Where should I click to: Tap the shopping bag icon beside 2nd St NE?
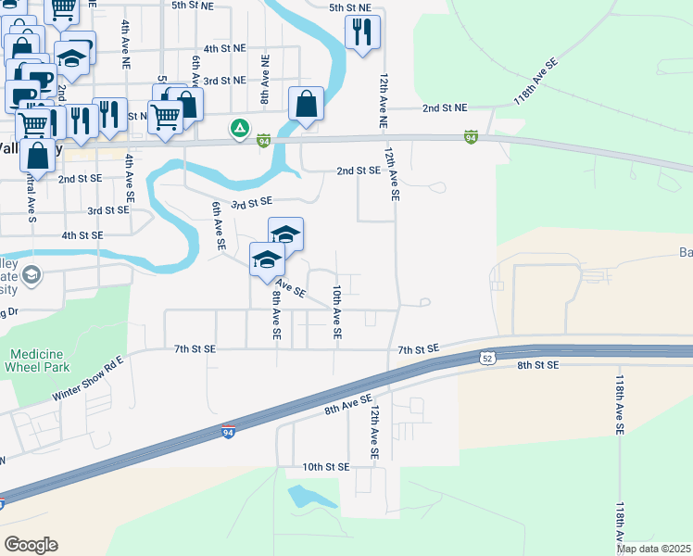(x=306, y=104)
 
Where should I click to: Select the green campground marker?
(x=240, y=128)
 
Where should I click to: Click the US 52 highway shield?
(x=487, y=358)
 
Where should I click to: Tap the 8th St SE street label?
(x=538, y=366)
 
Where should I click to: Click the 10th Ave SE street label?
(x=337, y=311)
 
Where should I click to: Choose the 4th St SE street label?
(x=84, y=235)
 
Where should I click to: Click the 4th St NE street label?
(x=224, y=47)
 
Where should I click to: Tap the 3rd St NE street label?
(x=224, y=81)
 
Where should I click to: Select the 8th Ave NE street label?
(x=265, y=79)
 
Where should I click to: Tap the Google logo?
(x=31, y=545)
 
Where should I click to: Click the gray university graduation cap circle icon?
(x=31, y=274)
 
